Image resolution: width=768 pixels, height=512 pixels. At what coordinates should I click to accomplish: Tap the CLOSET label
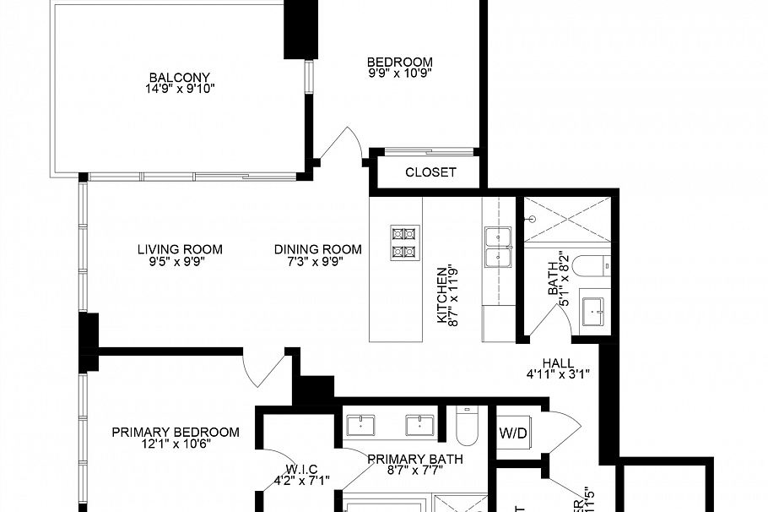[430, 172]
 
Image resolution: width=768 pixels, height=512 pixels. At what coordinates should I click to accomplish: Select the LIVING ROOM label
[180, 249]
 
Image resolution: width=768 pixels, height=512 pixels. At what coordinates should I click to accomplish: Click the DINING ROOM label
[317, 249]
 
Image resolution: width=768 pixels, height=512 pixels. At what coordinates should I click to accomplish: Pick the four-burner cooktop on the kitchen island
[403, 242]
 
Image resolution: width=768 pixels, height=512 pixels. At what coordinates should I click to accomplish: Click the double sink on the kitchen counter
[498, 246]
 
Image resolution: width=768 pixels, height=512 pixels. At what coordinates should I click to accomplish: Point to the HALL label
[558, 362]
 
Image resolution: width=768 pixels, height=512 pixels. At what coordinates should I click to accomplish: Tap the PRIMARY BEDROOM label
[176, 432]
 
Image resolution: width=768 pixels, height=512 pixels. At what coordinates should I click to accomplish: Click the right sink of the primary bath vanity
[419, 423]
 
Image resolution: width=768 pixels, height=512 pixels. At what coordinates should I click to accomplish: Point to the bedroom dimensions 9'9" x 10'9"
[399, 74]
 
